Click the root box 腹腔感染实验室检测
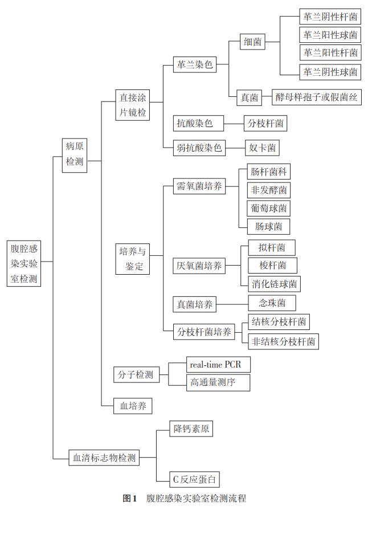[x=24, y=263]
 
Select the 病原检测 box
[x=75, y=155]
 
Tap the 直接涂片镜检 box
[x=132, y=105]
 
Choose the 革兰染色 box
[x=195, y=64]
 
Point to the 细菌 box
[x=252, y=42]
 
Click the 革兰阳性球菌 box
[x=330, y=35]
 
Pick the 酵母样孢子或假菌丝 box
[x=317, y=97]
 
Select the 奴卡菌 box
[x=262, y=148]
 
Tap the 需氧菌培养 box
[x=199, y=186]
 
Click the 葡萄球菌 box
[x=269, y=208]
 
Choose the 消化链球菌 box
[x=275, y=284]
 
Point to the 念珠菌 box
[x=272, y=303]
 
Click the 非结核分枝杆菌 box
[x=283, y=341]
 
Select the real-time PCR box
[x=219, y=365]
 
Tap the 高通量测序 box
[x=218, y=382]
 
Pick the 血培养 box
[x=133, y=406]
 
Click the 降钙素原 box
[x=191, y=429]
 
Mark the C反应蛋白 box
[x=194, y=479]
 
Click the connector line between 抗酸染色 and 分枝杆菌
[x=234, y=123]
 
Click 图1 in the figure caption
[x=130, y=499]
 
